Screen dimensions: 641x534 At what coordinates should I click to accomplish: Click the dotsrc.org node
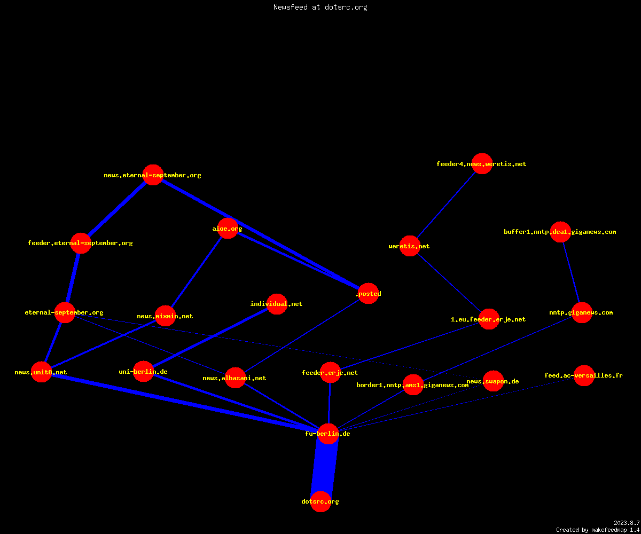pyautogui.click(x=320, y=501)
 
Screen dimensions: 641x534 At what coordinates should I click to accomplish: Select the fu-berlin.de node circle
pyautogui.click(x=328, y=434)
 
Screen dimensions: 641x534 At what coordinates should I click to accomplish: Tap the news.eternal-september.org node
pyautogui.click(x=153, y=175)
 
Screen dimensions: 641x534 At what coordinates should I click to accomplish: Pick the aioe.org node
pyautogui.click(x=228, y=229)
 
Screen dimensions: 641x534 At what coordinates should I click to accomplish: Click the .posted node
pyautogui.click(x=369, y=293)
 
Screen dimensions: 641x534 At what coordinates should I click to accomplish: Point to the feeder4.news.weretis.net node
pyautogui.click(x=482, y=163)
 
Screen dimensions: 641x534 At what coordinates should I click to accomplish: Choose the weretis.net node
pyautogui.click(x=410, y=246)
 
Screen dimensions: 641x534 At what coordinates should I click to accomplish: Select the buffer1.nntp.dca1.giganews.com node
pyautogui.click(x=560, y=232)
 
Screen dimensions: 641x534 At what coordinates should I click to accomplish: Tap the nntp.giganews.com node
pyautogui.click(x=582, y=312)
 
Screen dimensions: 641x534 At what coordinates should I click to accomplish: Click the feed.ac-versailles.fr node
pyautogui.click(x=584, y=375)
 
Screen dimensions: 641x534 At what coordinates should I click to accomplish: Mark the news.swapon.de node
pyautogui.click(x=494, y=381)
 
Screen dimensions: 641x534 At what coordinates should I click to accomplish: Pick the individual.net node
pyautogui.click(x=277, y=304)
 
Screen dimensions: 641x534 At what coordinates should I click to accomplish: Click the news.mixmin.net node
pyautogui.click(x=165, y=316)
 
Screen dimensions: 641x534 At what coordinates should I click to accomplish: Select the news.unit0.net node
pyautogui.click(x=42, y=372)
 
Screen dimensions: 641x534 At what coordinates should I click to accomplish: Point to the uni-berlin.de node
pyautogui.click(x=143, y=371)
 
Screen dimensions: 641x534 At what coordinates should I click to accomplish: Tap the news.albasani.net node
pyautogui.click(x=235, y=378)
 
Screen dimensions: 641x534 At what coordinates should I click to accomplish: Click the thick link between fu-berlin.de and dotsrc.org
pyautogui.click(x=324, y=467)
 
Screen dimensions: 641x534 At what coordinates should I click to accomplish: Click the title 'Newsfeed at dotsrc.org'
pyautogui.click(x=320, y=7)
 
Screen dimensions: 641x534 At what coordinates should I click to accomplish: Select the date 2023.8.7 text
pyautogui.click(x=627, y=523)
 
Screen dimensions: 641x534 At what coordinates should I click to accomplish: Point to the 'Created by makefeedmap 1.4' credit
pyautogui.click(x=598, y=530)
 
